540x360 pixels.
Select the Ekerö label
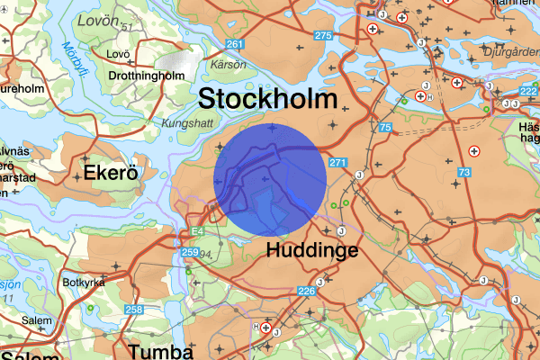tap(109, 172)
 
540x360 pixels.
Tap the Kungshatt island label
tap(186, 123)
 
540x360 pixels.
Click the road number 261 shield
tap(236, 45)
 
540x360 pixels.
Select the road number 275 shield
tap(323, 35)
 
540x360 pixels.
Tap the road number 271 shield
tap(337, 163)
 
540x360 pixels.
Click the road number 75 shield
tap(385, 129)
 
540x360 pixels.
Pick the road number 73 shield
tap(463, 172)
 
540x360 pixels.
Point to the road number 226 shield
tap(307, 291)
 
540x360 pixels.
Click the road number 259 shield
tap(189, 253)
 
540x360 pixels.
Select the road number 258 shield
tap(134, 310)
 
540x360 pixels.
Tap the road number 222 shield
tap(528, 93)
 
